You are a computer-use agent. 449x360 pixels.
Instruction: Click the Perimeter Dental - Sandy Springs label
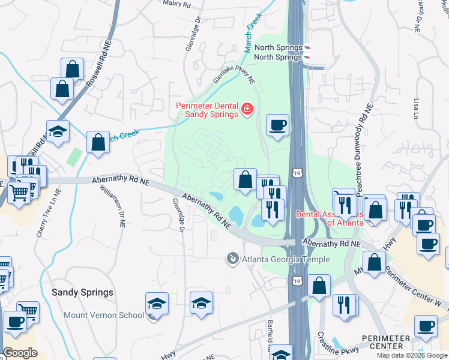click(x=206, y=111)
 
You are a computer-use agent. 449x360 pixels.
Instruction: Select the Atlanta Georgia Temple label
click(x=286, y=259)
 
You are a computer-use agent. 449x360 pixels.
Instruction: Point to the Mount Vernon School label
click(x=113, y=315)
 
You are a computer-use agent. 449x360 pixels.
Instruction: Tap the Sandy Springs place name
click(x=82, y=293)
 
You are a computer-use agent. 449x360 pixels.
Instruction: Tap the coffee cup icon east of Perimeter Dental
click(x=277, y=125)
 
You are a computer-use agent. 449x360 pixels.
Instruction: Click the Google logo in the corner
click(x=20, y=353)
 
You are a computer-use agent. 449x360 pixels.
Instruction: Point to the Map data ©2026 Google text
click(x=411, y=355)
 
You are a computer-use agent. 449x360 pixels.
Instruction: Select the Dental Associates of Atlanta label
click(x=329, y=218)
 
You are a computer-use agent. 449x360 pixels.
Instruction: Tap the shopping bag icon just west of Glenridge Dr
click(x=98, y=143)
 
